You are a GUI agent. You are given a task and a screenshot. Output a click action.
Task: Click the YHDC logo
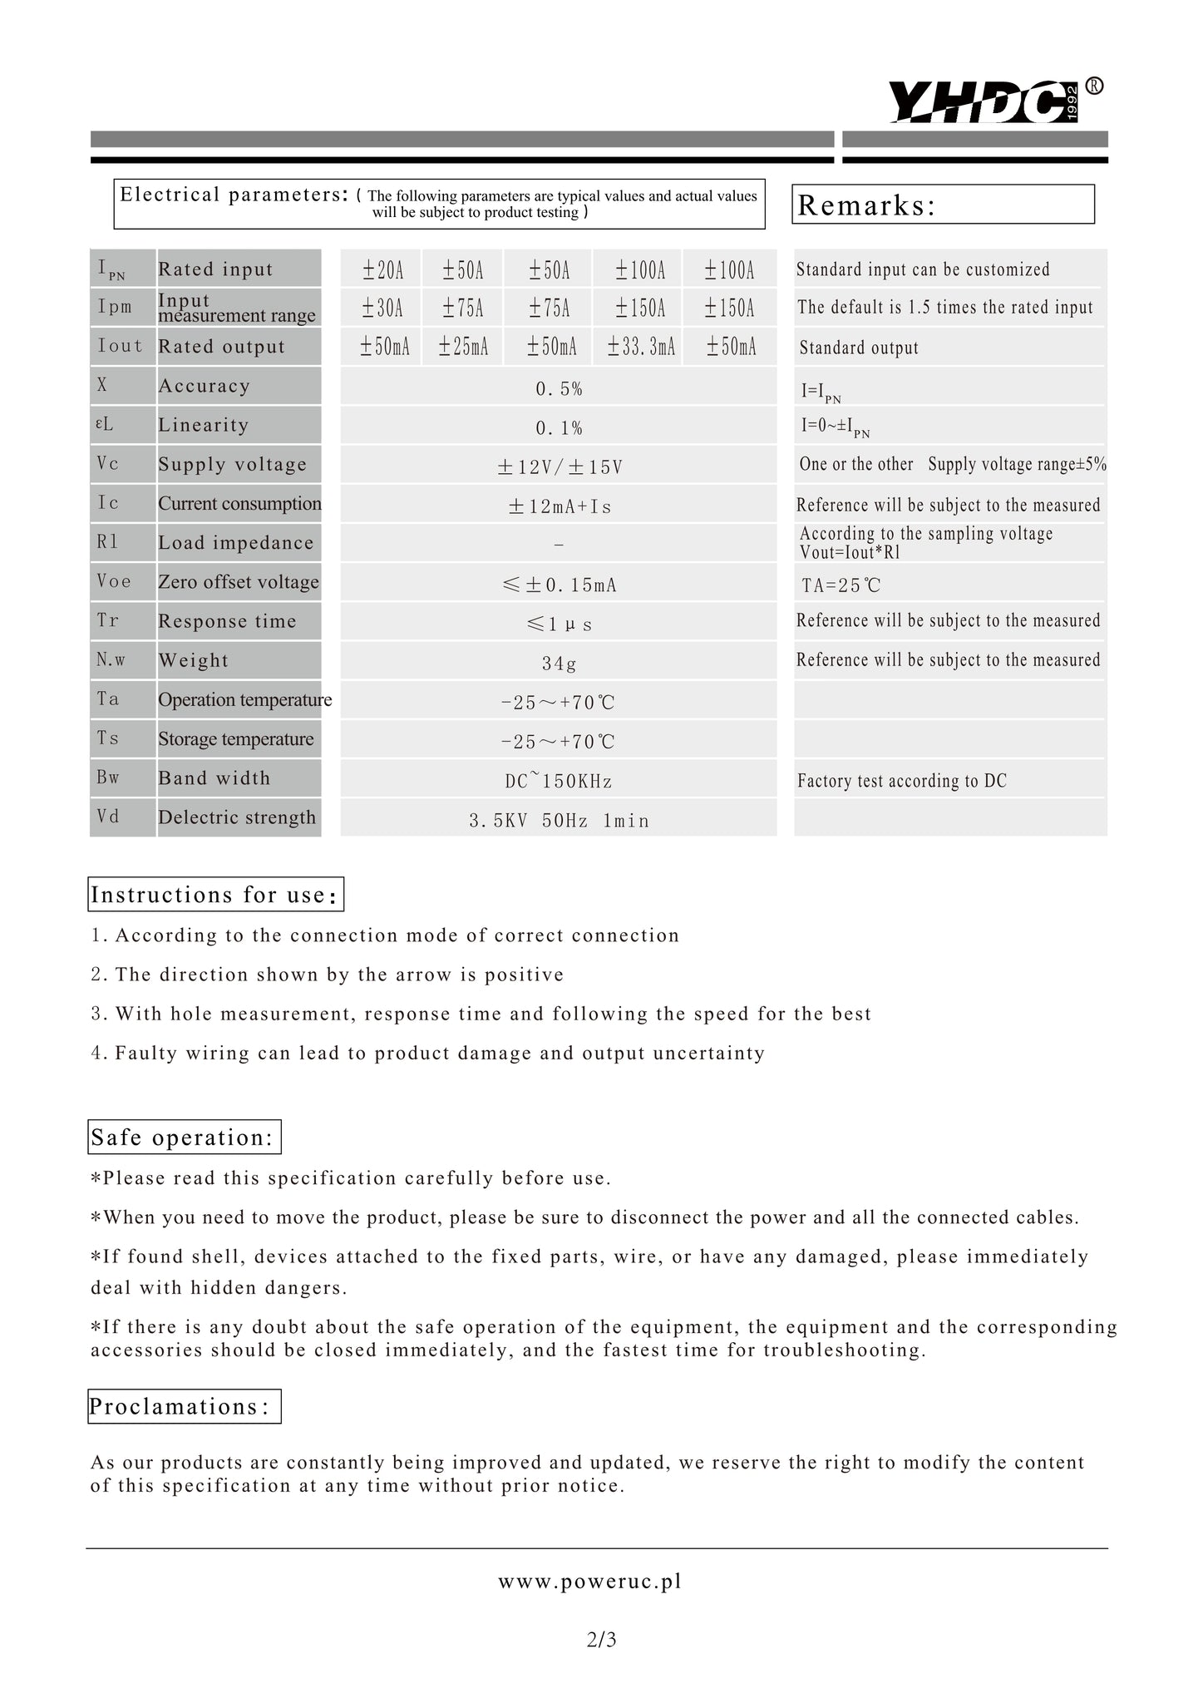(x=993, y=101)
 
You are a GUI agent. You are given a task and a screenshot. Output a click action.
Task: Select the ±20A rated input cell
(x=382, y=270)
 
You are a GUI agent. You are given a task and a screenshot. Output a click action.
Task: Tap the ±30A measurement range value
(x=382, y=309)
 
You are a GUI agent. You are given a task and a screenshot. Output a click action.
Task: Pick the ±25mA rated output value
(x=463, y=347)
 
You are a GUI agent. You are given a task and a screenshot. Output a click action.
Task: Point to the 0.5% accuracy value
(x=559, y=388)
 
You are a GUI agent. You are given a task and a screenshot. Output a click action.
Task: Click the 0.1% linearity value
(x=559, y=428)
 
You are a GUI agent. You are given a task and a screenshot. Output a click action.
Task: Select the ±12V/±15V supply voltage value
(x=560, y=467)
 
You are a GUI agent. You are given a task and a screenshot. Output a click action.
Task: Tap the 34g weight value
(x=559, y=664)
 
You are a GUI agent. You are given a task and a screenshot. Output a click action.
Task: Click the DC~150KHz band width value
(x=559, y=781)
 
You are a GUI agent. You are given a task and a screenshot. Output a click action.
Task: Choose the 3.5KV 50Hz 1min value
(x=559, y=821)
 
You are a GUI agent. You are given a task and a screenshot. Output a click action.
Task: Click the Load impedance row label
(x=236, y=543)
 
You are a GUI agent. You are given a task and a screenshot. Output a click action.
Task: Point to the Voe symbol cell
(x=115, y=581)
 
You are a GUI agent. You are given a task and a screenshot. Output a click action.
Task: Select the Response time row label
(x=227, y=621)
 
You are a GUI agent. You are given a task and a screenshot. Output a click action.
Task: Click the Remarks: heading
(x=866, y=205)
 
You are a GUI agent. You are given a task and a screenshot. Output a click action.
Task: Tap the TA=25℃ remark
(x=841, y=585)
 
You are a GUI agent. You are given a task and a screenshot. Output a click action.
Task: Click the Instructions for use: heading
(x=215, y=895)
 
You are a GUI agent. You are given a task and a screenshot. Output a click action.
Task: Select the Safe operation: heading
(x=183, y=1138)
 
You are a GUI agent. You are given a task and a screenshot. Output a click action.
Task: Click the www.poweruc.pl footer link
(x=589, y=1582)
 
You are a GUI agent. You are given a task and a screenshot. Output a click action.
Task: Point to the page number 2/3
(x=601, y=1640)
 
